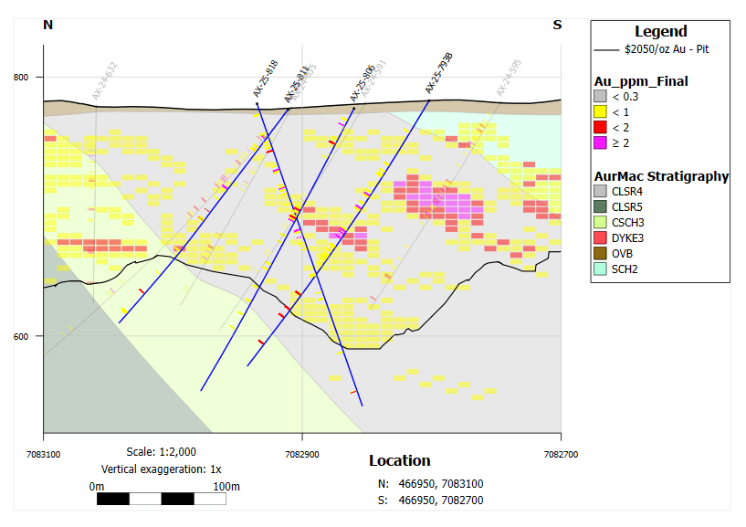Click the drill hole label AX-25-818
tap(266, 79)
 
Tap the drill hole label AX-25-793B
tap(439, 73)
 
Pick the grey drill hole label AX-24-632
tap(104, 81)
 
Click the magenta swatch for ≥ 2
tap(600, 142)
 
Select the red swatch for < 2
tap(600, 127)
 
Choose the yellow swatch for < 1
tap(600, 111)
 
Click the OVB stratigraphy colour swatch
tap(600, 253)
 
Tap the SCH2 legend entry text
tap(629, 269)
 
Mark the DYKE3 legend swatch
tap(600, 237)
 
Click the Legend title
tap(661, 31)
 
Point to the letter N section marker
tap(48, 25)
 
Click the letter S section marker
tap(557, 25)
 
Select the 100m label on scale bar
tap(226, 486)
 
